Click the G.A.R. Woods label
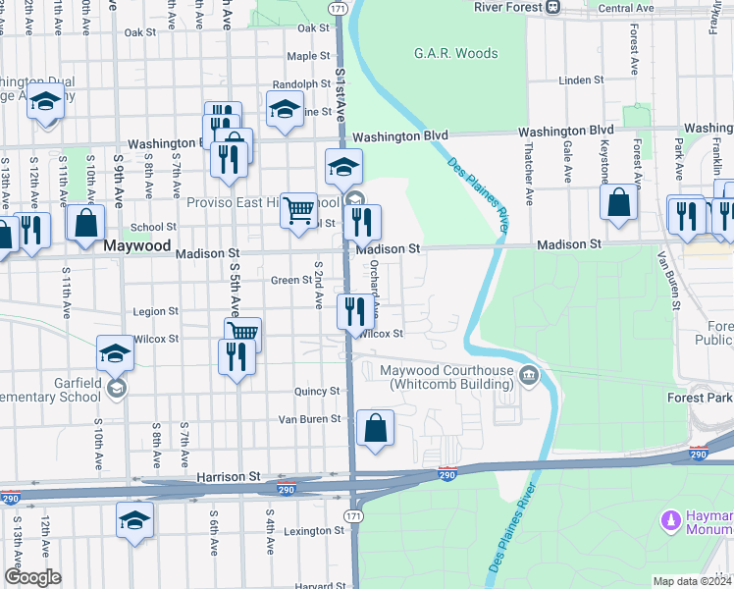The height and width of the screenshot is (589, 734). [x=455, y=54]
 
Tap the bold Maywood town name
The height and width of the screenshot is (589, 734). [x=137, y=246]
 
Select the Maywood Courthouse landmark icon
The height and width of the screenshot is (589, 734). [x=529, y=373]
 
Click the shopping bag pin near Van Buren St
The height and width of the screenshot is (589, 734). [x=375, y=428]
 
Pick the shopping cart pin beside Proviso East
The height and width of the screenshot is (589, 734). [x=298, y=210]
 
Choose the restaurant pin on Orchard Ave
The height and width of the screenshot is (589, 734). [x=352, y=311]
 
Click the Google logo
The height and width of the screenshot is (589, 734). [x=31, y=577]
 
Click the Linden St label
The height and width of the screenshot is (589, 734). [x=578, y=80]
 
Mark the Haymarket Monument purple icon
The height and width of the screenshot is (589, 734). [x=672, y=517]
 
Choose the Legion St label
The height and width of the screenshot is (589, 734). [x=155, y=311]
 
